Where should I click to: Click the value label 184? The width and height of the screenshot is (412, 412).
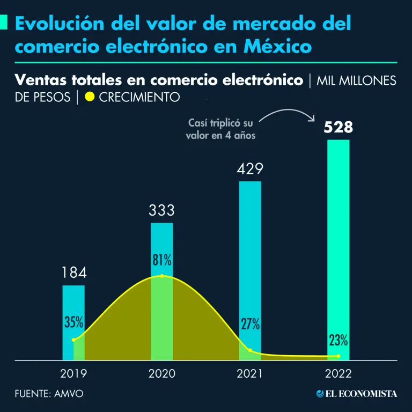(x=73, y=273)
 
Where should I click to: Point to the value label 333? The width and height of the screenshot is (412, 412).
(x=161, y=210)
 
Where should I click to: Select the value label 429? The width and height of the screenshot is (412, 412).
(x=250, y=169)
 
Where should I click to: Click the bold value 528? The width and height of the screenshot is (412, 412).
(x=337, y=128)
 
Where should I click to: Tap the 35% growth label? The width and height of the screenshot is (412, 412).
(x=73, y=322)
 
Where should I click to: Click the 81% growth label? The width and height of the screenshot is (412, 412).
(x=161, y=261)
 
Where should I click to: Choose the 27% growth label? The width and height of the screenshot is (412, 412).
(x=250, y=324)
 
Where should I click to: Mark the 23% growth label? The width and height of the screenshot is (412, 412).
(x=338, y=340)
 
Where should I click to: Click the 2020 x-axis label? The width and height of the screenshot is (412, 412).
(x=161, y=373)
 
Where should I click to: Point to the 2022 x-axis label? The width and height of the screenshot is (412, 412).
(x=338, y=373)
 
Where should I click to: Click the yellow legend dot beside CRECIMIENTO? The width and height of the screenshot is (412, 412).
(x=90, y=98)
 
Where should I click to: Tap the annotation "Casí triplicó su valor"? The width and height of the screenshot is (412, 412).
(x=220, y=129)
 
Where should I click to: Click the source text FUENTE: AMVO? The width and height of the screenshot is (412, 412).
(x=49, y=394)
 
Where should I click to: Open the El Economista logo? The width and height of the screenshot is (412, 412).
(x=357, y=394)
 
